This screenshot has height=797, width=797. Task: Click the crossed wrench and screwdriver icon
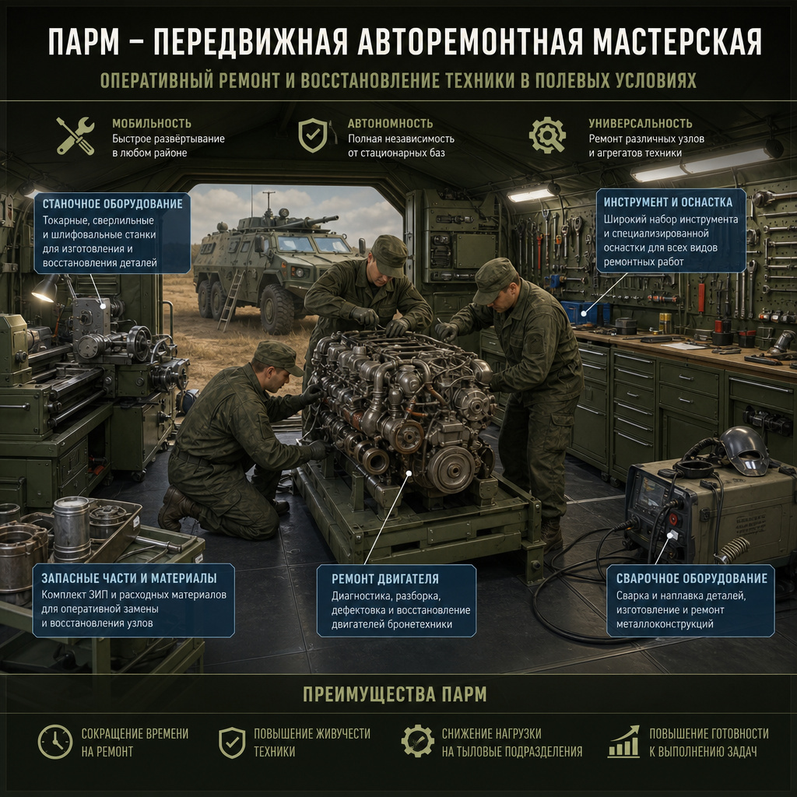(x=75, y=135)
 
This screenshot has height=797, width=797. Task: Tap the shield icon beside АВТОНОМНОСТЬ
(x=313, y=135)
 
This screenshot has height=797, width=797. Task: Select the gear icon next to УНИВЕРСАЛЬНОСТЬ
(x=547, y=135)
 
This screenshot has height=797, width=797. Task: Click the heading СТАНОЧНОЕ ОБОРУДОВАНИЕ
(x=112, y=204)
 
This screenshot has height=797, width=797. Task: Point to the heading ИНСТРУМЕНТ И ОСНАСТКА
(x=668, y=202)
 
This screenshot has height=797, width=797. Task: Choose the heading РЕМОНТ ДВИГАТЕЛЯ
(x=384, y=579)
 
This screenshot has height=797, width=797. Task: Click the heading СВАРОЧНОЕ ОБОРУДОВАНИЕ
(x=692, y=578)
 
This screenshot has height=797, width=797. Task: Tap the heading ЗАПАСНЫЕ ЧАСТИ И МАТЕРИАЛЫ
(x=129, y=578)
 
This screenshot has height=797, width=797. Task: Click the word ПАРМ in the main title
(x=84, y=42)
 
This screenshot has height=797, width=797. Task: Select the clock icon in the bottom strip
(x=55, y=742)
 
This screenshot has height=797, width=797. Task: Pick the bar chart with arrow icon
(x=623, y=742)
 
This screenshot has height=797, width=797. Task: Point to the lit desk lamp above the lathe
(x=46, y=290)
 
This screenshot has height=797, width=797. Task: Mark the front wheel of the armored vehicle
(x=276, y=309)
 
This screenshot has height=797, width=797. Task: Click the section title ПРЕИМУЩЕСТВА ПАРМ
(x=395, y=694)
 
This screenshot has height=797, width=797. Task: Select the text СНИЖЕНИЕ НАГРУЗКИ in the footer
(x=492, y=734)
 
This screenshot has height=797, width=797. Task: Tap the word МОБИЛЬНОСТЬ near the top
(x=152, y=124)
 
